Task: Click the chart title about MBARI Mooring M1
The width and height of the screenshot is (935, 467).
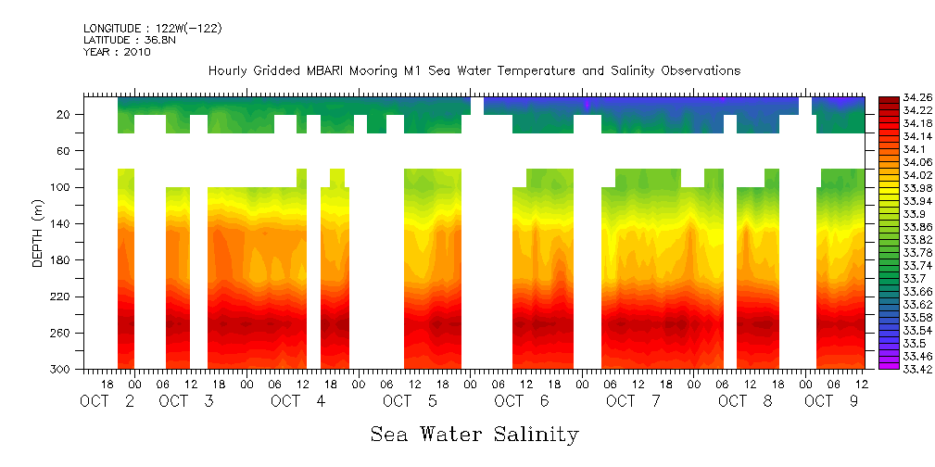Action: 474,70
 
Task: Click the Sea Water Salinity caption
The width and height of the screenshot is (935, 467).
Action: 474,434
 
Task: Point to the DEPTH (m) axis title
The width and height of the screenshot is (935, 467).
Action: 38,235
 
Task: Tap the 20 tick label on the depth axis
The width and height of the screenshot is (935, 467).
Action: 65,115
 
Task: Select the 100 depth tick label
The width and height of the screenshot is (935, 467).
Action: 62,187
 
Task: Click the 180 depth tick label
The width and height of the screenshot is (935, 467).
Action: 62,260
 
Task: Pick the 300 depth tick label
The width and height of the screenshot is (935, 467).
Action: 62,369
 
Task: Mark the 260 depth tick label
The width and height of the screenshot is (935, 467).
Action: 62,333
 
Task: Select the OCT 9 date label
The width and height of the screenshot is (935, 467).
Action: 831,401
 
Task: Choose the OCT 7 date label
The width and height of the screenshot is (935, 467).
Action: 633,401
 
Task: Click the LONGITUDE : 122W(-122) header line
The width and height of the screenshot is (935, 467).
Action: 152,29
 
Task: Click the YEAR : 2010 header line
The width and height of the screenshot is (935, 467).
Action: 117,52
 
